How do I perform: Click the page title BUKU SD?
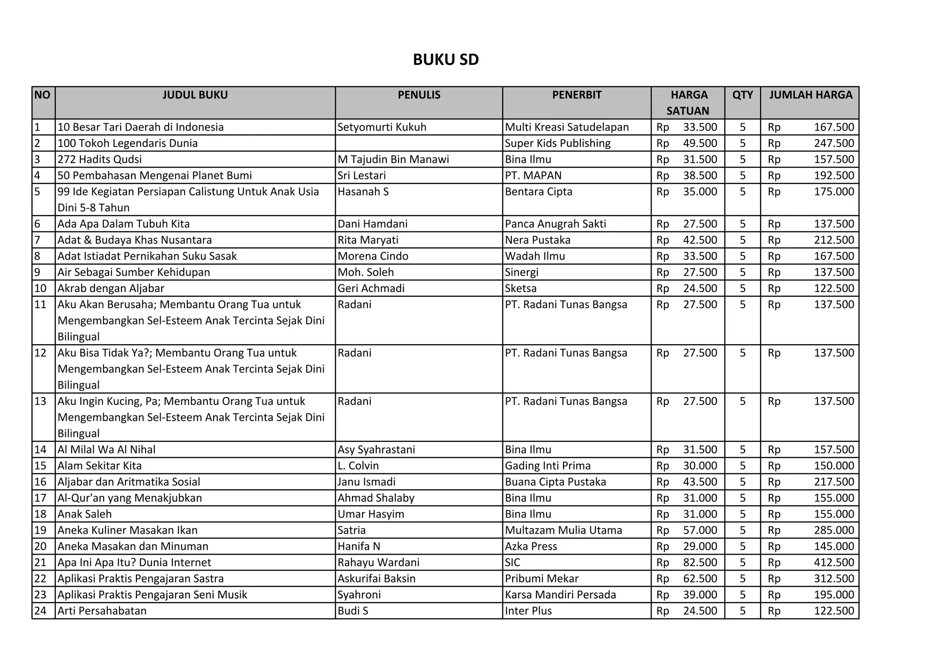446,60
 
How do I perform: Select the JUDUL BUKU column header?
195,95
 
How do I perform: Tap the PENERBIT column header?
577,95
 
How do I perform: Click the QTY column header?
742,95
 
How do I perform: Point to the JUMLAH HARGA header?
810,95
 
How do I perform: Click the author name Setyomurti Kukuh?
382,127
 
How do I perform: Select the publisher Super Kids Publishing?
557,143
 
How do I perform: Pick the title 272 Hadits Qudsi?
100,159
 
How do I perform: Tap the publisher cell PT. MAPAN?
533,175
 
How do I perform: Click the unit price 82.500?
700,562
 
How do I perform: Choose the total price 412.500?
834,562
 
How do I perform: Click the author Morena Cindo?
373,256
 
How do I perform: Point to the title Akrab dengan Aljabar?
111,289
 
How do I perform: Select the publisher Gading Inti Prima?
547,466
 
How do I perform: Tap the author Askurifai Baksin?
377,579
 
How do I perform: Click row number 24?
41,611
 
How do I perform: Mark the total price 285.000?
834,530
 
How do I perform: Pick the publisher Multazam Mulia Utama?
563,530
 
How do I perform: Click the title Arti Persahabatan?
102,611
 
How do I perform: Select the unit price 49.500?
700,143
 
